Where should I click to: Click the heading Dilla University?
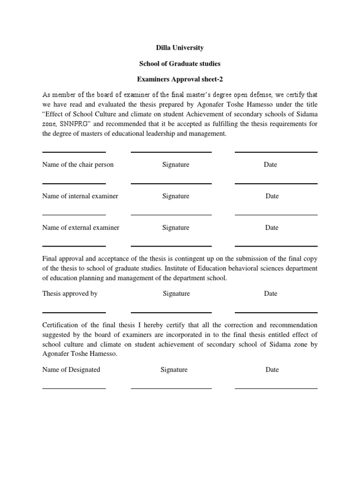pyautogui.click(x=180, y=48)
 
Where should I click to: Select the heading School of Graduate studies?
pyautogui.click(x=180, y=63)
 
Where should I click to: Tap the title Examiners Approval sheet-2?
pyautogui.click(x=180, y=79)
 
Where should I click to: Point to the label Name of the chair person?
pyautogui.click(x=78, y=165)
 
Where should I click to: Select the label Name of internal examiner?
pyautogui.click(x=80, y=196)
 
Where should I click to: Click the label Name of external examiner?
pyautogui.click(x=81, y=227)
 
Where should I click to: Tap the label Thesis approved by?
pyautogui.click(x=70, y=293)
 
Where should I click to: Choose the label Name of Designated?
pyautogui.click(x=71, y=369)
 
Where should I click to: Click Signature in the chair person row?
pyautogui.click(x=176, y=165)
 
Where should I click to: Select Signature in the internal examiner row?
pyautogui.click(x=176, y=196)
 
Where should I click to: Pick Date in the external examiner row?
pyautogui.click(x=272, y=227)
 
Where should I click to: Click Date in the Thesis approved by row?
pyautogui.click(x=270, y=293)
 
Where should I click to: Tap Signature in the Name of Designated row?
pyautogui.click(x=174, y=369)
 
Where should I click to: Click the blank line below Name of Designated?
pyautogui.click(x=74, y=388)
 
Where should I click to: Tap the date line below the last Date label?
pyautogui.click(x=276, y=388)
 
